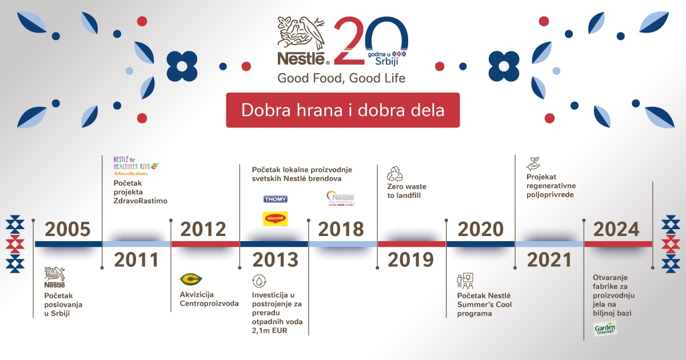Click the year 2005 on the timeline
point(67,230)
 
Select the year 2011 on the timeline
point(136,260)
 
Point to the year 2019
point(410,260)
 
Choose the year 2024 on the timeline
point(616,230)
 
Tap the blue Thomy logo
point(275,199)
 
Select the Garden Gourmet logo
point(605,329)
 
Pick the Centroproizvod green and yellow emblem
point(191,279)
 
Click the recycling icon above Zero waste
point(395,174)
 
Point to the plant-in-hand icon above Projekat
point(533,163)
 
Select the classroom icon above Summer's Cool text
point(464,281)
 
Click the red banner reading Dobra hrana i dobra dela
point(342,110)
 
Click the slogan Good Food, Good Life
point(341,78)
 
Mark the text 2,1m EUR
point(272,331)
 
